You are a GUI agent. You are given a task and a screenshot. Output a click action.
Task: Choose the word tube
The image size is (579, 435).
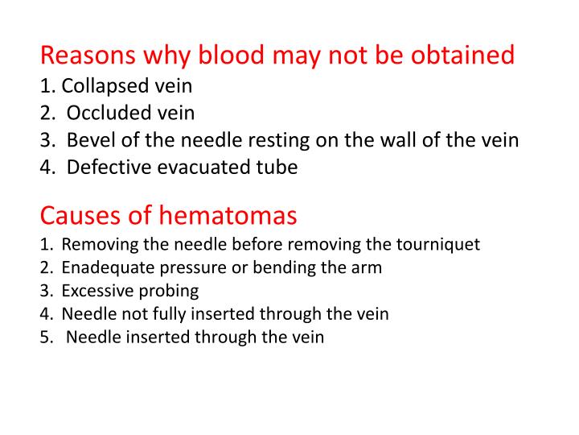click(x=277, y=168)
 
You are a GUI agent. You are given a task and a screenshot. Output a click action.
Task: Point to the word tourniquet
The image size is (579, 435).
click(x=442, y=245)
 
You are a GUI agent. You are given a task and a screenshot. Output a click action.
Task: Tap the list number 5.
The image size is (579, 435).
click(x=44, y=338)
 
